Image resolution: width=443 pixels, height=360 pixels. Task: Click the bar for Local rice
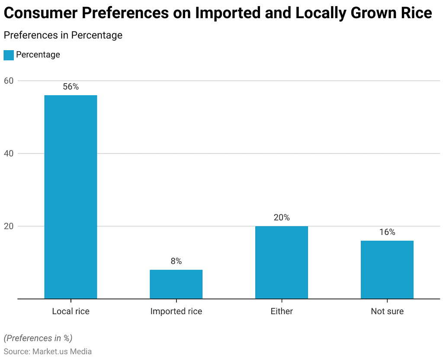[x=71, y=197]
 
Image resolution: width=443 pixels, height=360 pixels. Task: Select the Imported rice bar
[x=176, y=284]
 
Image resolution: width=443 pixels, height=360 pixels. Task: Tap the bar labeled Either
[x=282, y=262]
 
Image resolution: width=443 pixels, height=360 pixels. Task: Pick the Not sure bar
[x=387, y=270]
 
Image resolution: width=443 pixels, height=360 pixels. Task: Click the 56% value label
[x=71, y=87]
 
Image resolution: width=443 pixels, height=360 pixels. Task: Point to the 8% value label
[x=176, y=261]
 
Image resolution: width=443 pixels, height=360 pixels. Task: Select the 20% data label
[x=282, y=218]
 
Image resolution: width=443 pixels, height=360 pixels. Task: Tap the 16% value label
[x=387, y=232]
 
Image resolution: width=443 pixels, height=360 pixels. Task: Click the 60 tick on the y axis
[x=10, y=80]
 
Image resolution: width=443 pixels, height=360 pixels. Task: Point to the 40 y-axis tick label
[x=10, y=154]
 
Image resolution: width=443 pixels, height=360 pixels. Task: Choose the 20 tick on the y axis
[x=10, y=226]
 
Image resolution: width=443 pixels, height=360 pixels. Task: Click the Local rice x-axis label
[x=71, y=311]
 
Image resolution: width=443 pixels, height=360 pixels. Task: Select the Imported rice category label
[x=176, y=311]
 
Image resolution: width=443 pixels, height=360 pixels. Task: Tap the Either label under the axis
[x=282, y=311]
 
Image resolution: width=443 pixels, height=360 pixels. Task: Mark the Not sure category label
[x=387, y=311]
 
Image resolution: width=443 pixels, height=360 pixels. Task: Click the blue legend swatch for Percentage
[x=9, y=55]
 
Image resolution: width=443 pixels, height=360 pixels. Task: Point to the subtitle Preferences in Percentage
[x=63, y=35]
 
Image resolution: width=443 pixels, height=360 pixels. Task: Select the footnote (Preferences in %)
[x=38, y=338]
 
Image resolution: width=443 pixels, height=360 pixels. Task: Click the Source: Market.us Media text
[x=48, y=351]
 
